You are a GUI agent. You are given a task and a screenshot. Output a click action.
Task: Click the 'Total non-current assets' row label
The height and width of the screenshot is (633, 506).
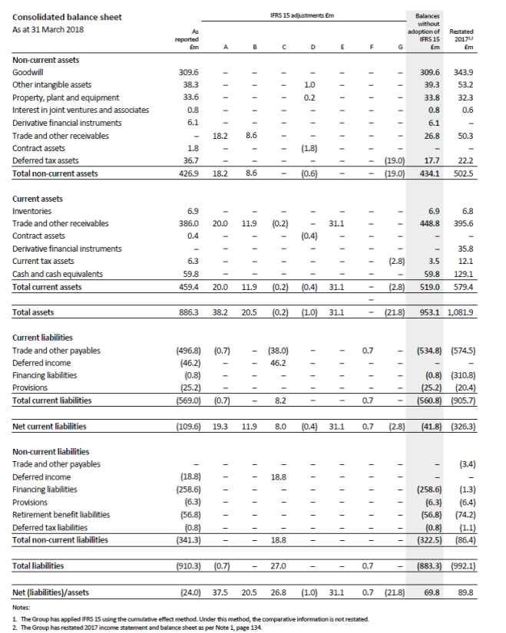(x=56, y=173)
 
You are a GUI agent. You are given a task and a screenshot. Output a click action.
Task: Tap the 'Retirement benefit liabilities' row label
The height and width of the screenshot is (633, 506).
(x=61, y=514)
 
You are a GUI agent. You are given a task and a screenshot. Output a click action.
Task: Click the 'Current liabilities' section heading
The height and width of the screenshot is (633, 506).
(x=43, y=338)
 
